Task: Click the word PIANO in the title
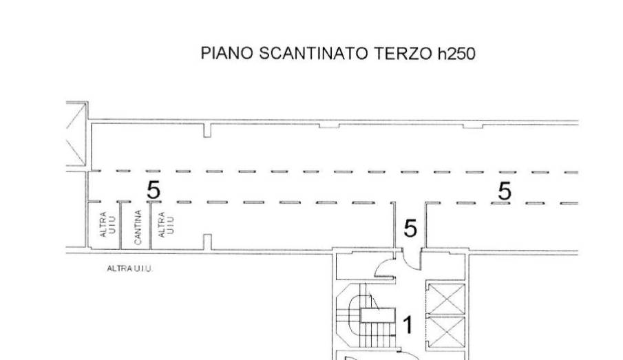[x=226, y=53]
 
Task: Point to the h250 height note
[x=456, y=54]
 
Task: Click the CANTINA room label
[x=138, y=227]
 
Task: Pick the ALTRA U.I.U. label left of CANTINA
[x=107, y=225]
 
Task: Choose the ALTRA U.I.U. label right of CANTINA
[x=166, y=225]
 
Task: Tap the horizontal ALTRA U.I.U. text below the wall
[x=129, y=268]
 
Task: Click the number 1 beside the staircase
[x=408, y=325]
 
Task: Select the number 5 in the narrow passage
[x=410, y=229]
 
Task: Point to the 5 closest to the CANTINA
[x=154, y=190]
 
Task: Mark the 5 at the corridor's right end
[x=504, y=191]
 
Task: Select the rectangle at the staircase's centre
[x=377, y=315]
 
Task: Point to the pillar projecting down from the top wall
[x=207, y=130]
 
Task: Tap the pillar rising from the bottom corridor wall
[x=207, y=242]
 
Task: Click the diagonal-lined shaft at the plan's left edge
[x=76, y=134]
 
